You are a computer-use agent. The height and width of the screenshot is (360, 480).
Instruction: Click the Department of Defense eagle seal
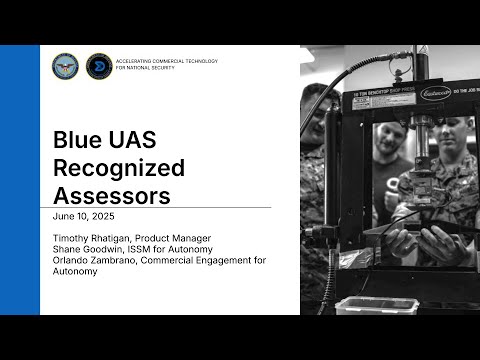tap(65, 66)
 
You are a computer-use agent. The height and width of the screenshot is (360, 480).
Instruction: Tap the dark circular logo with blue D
tap(99, 66)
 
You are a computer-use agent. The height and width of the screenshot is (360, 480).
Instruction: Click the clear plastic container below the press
tap(363, 305)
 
